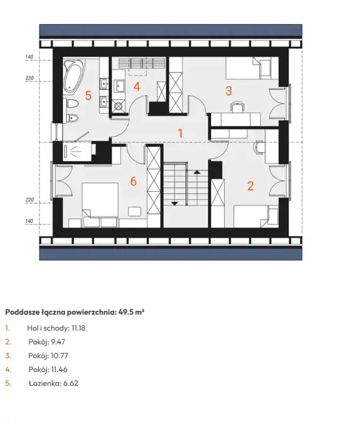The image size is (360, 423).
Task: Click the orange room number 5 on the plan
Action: tap(88, 95)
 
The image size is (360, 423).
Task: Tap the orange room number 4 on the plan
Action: tap(136, 87)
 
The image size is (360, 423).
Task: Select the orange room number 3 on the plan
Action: tap(229, 91)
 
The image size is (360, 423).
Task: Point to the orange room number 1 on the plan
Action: tap(181, 134)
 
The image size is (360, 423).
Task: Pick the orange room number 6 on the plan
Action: tap(134, 181)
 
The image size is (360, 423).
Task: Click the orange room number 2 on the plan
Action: tap(251, 186)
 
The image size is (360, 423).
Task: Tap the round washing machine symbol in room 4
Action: tap(118, 106)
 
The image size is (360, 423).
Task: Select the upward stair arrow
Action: tap(197, 172)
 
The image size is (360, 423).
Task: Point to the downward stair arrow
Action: tap(175, 204)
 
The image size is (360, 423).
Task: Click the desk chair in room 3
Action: tap(237, 106)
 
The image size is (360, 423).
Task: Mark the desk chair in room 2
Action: tap(258, 147)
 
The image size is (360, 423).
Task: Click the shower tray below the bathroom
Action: tap(77, 153)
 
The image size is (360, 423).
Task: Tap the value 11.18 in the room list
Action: tap(78, 328)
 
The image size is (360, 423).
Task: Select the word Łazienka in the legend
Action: tap(45, 384)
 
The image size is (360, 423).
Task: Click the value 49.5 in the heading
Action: tap(126, 312)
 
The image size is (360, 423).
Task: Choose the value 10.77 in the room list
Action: tap(59, 355)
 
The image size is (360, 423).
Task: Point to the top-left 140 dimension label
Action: tap(29, 57)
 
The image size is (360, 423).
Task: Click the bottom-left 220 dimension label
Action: tap(29, 199)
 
